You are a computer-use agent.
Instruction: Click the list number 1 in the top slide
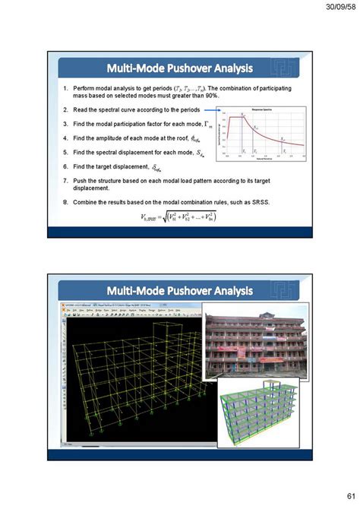(x=65, y=87)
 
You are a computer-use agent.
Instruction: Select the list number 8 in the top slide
(x=65, y=201)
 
